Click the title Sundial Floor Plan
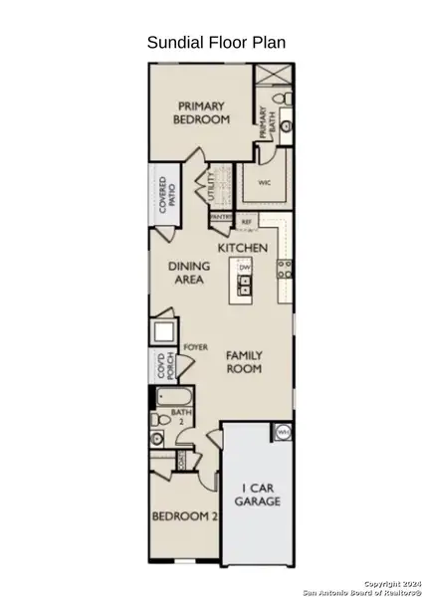pos(210,42)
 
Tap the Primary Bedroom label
pos(201,111)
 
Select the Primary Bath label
pos(264,123)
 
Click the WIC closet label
pos(265,183)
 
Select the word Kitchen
pos(242,247)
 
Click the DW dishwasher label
pos(244,268)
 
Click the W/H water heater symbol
pos(283,432)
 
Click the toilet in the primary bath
pos(284,98)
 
